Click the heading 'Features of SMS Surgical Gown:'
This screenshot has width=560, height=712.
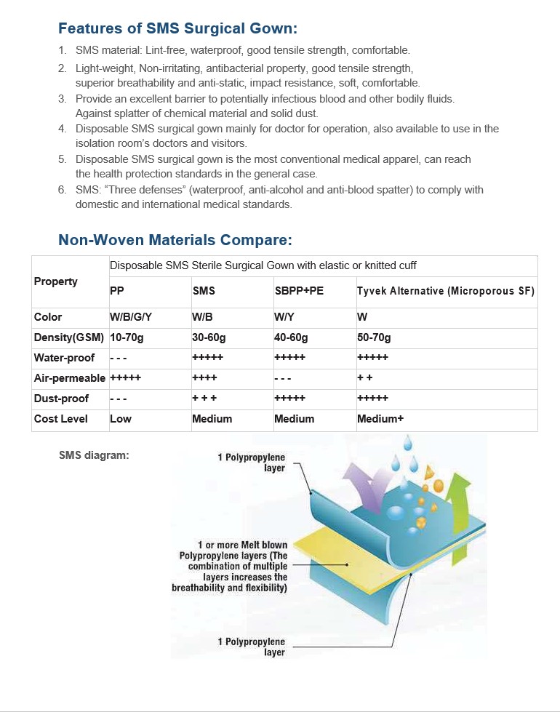tap(177, 29)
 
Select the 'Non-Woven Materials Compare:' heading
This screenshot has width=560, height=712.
tap(175, 240)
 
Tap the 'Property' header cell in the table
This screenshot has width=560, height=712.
tap(56, 281)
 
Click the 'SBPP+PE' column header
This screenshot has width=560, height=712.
tap(299, 291)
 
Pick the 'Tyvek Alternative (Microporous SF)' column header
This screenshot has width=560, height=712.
tap(446, 291)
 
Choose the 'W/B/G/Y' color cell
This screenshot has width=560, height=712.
tap(132, 317)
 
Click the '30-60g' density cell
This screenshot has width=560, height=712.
tap(209, 337)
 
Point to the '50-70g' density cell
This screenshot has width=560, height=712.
tap(374, 337)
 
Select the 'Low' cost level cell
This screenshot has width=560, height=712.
tap(120, 419)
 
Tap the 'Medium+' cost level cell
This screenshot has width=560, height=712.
tap(380, 419)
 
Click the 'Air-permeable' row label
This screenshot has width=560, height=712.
tap(70, 378)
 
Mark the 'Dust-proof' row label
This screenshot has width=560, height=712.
tap(61, 399)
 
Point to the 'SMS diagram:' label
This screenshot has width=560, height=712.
tap(94, 455)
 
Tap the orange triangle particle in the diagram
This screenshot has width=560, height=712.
tap(430, 472)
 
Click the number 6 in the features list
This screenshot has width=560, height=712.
tap(62, 190)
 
